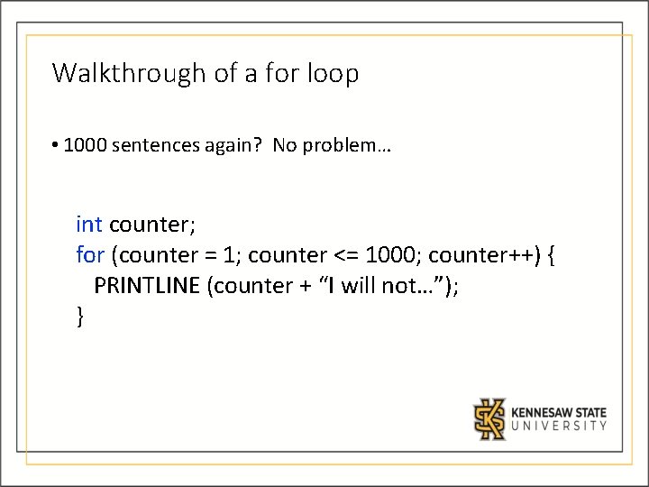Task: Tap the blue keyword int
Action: click(x=89, y=224)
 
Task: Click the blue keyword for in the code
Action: click(x=90, y=255)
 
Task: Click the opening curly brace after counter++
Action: click(x=552, y=256)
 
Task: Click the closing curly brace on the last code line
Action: click(x=81, y=317)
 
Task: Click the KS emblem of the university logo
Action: click(x=490, y=418)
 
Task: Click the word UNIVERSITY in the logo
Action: click(x=559, y=426)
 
